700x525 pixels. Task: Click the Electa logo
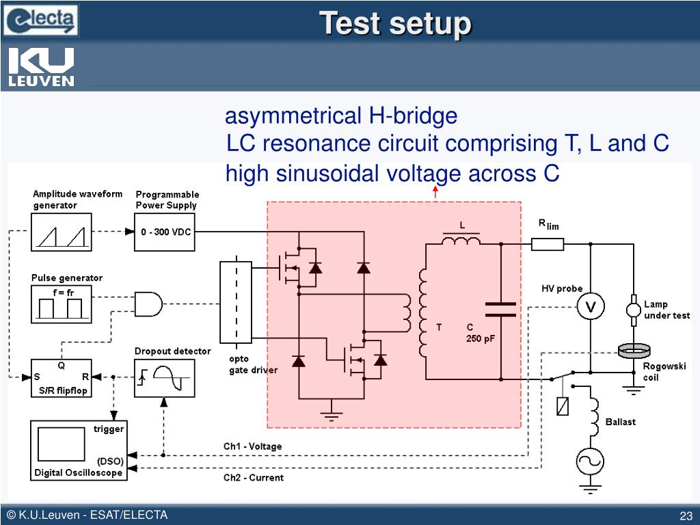coord(40,20)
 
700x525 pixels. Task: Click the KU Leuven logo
coord(41,66)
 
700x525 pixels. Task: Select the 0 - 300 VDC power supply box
coord(165,232)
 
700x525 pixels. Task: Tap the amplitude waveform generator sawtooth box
coord(61,232)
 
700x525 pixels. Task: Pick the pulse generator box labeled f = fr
coord(61,304)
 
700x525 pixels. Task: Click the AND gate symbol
coord(148,304)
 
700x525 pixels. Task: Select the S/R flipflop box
coord(61,377)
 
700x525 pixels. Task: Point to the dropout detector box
coord(164,377)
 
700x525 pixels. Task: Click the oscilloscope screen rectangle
coord(61,444)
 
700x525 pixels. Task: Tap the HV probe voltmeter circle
coord(591,307)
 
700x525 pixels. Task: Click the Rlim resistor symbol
coord(548,244)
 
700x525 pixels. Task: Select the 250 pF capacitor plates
coord(500,310)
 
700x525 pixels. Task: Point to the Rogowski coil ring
coord(634,351)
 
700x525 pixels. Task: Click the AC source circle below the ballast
coord(590,461)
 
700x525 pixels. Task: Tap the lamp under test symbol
coord(634,310)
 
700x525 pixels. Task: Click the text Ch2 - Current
coord(253,478)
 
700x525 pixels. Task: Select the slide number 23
coord(686,516)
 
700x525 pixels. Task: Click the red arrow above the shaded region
coord(435,192)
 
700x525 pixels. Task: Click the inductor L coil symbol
coord(461,241)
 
